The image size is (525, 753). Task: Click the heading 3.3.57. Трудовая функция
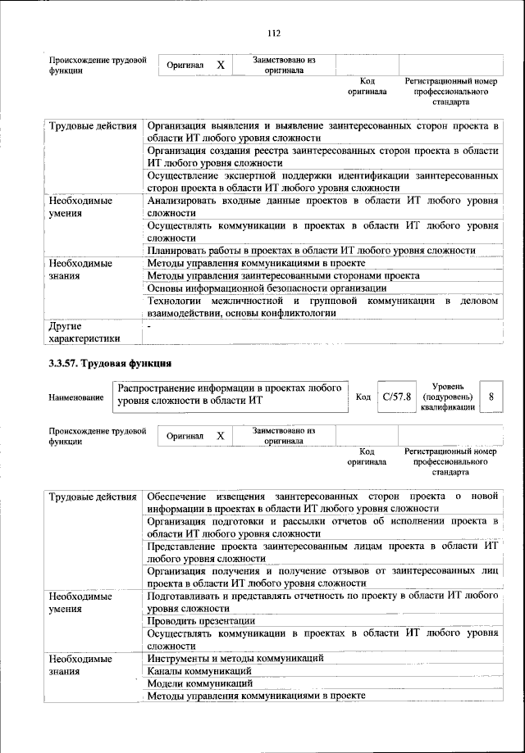pyautogui.click(x=111, y=363)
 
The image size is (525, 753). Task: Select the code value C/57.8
pyautogui.click(x=396, y=397)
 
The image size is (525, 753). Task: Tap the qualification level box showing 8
pyautogui.click(x=491, y=397)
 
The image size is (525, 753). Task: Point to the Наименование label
pyautogui.click(x=75, y=397)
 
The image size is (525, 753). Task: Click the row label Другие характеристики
pyautogui.click(x=84, y=332)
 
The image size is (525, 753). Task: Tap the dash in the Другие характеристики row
pyautogui.click(x=149, y=327)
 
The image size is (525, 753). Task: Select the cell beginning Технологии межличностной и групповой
pyautogui.click(x=322, y=307)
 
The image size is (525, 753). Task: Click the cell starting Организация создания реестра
pyautogui.click(x=322, y=156)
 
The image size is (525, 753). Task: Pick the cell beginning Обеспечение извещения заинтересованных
pyautogui.click(x=322, y=501)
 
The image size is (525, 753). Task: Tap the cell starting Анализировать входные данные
pyautogui.click(x=322, y=206)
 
